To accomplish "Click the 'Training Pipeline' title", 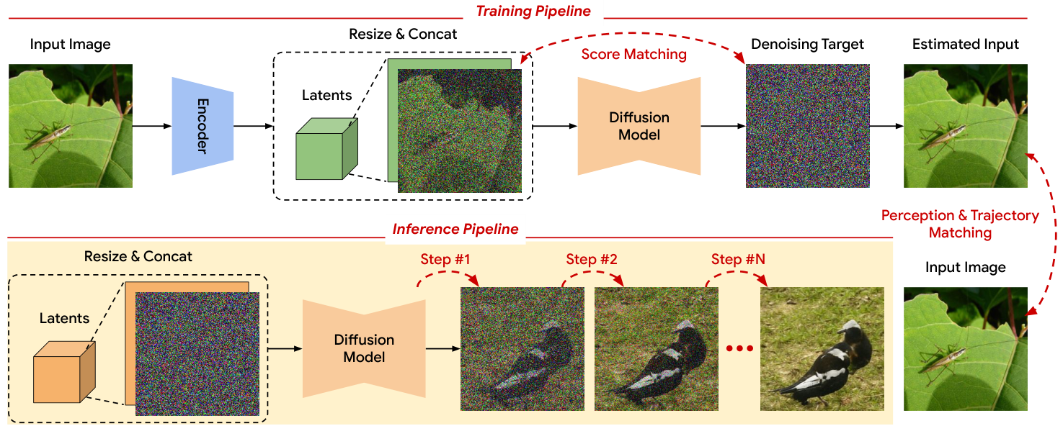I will click(x=533, y=11).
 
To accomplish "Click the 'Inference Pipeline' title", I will click(x=455, y=230).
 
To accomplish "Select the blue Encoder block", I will click(x=203, y=126).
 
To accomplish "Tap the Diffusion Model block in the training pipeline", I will click(x=639, y=126).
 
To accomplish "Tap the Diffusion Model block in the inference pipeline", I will click(x=364, y=348).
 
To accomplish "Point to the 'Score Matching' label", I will click(x=633, y=55).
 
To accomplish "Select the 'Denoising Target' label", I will click(x=807, y=45).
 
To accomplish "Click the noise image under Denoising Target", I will click(x=807, y=126).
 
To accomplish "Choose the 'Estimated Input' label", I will click(x=965, y=45).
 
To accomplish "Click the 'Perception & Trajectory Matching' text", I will click(x=960, y=224).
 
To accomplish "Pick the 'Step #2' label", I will click(x=591, y=259).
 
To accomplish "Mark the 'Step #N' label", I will click(x=737, y=259).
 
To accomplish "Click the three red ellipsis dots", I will click(x=739, y=349).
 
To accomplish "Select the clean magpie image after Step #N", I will click(x=822, y=349).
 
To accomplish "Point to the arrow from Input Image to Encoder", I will click(x=151, y=126).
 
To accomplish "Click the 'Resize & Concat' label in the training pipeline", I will click(x=403, y=34).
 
